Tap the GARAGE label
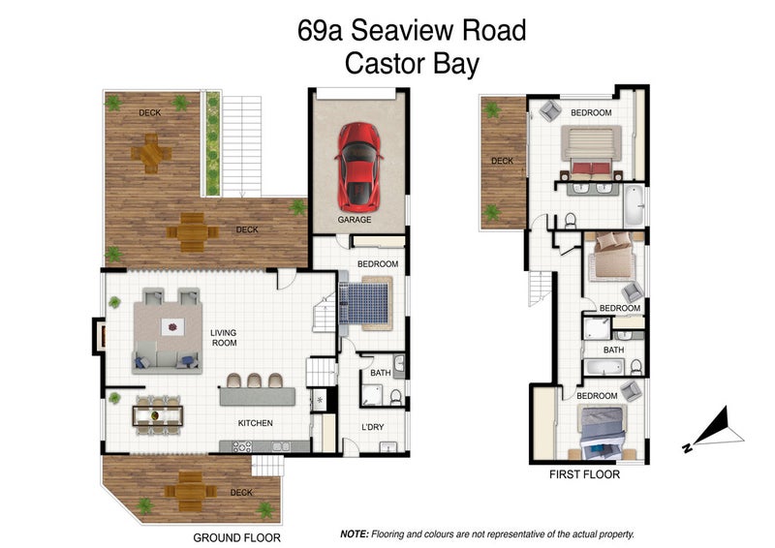point(355,220)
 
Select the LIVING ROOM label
point(224,338)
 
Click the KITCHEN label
point(256,423)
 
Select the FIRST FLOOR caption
point(584,475)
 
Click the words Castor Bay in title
point(412,64)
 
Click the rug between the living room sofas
point(171,327)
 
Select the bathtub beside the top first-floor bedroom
point(633,204)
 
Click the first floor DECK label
point(502,162)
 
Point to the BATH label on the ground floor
point(380,373)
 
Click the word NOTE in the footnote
point(355,534)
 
